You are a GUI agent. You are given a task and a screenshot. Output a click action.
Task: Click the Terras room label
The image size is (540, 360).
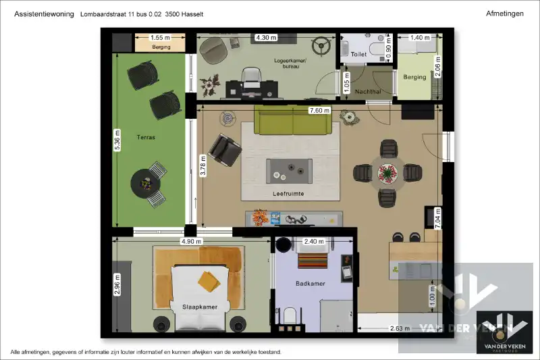(146, 137)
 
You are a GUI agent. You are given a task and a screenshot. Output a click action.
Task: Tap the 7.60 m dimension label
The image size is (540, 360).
(319, 111)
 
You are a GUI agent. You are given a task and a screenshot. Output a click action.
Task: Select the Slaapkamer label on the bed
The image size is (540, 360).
(200, 307)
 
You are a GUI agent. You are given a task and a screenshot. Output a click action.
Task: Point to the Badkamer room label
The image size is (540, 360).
(310, 284)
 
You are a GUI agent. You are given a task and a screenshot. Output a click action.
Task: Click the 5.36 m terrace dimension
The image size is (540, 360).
(117, 140)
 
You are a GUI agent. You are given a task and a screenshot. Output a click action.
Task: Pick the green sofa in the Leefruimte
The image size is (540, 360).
(293, 120)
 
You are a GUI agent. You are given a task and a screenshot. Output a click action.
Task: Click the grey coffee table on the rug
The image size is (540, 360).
(290, 171)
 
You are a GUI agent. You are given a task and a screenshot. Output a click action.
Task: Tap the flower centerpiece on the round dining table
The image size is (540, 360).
(387, 173)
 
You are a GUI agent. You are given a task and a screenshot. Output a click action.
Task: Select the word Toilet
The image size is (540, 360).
(358, 54)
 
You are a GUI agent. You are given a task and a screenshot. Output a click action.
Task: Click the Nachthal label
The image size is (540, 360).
(368, 92)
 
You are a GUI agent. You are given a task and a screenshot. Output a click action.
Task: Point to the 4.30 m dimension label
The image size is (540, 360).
(266, 38)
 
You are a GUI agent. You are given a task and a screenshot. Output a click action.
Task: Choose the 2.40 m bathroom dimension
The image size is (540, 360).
(314, 242)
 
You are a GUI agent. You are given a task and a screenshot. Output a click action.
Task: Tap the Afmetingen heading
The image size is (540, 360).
(504, 14)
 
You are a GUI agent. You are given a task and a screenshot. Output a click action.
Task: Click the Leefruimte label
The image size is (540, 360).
(288, 194)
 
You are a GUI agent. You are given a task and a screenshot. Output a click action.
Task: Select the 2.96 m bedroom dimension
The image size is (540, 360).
(117, 284)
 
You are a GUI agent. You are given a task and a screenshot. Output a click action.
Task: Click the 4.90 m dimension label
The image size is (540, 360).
(191, 242)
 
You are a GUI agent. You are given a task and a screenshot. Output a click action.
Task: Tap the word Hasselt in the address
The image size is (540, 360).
(192, 14)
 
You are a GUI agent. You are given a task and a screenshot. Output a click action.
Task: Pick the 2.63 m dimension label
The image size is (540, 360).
(400, 328)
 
